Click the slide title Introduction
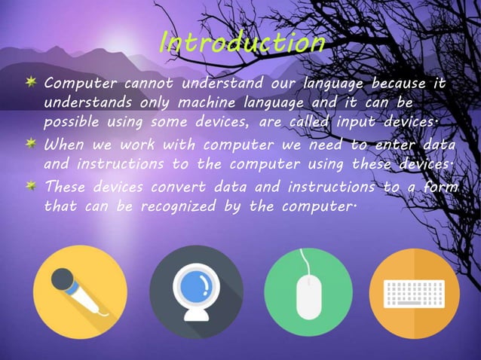pyautogui.click(x=242, y=43)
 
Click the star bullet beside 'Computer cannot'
pyautogui.click(x=32, y=81)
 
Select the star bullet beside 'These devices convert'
pyautogui.click(x=32, y=185)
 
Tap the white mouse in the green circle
pyautogui.click(x=308, y=296)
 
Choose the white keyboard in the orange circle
pyautogui.click(x=415, y=293)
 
